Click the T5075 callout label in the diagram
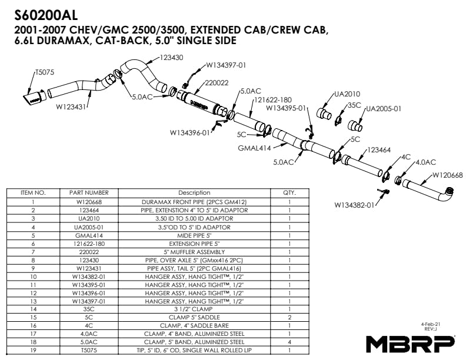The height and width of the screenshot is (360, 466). (45, 72)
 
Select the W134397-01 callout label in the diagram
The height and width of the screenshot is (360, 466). (226, 65)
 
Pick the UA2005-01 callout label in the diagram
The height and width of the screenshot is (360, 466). (384, 109)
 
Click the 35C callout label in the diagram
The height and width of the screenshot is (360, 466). (354, 105)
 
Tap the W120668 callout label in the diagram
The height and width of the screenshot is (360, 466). (447, 175)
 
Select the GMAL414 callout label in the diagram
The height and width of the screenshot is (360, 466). (254, 148)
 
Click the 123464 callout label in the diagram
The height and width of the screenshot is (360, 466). (379, 150)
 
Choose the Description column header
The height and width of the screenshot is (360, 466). (194, 193)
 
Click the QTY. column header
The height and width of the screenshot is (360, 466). (289, 193)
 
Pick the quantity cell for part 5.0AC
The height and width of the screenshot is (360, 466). (289, 342)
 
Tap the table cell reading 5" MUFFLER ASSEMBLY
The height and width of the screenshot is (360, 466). (194, 252)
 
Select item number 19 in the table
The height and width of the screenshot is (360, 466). (34, 350)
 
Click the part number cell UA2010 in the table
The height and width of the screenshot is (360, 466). (89, 219)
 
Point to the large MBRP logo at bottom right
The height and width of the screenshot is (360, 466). (410, 344)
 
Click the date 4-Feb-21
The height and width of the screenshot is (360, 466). (430, 324)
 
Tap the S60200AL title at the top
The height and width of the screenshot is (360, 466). (46, 15)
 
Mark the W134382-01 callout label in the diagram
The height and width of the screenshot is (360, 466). (354, 205)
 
